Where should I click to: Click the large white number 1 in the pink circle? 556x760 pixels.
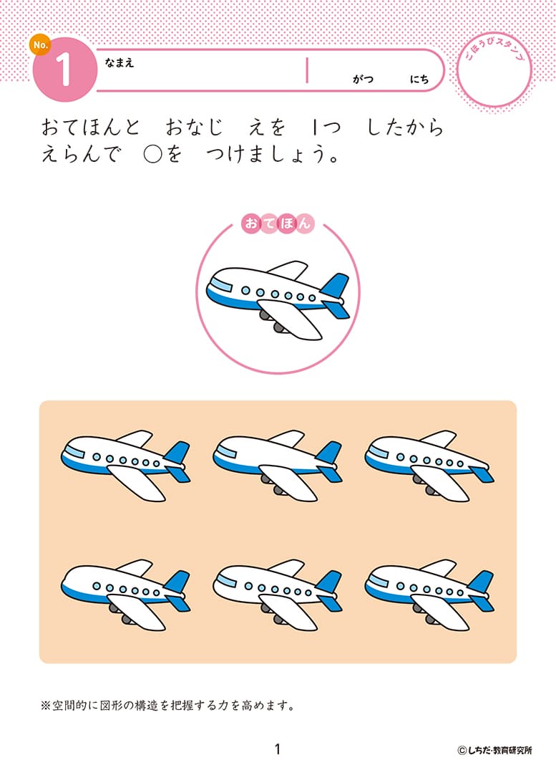64,69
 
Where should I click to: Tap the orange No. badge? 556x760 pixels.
40,44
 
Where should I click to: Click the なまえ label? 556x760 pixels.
119,62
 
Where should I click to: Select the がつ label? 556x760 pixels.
364,79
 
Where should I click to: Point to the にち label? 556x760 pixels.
419,79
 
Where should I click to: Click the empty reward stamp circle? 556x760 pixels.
494,69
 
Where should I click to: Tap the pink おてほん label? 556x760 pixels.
278,223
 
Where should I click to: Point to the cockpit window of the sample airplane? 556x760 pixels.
221,286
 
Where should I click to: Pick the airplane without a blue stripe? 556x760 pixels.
278,595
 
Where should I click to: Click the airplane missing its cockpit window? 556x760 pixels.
126,595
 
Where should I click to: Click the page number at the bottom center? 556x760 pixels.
278,749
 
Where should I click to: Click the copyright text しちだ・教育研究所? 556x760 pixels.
494,750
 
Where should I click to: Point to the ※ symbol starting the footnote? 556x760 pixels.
45,706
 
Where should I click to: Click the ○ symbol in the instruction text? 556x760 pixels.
152,155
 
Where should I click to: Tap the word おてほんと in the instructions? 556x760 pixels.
90,128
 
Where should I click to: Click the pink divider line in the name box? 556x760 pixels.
307,70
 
